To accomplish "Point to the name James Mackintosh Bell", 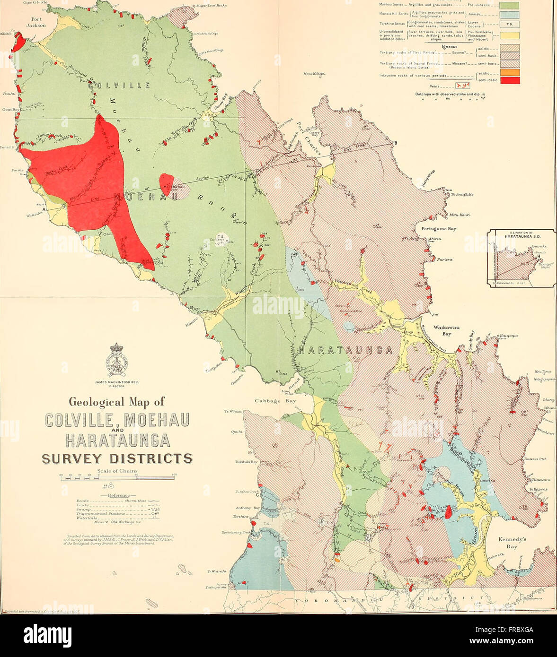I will pyautogui.click(x=116, y=382).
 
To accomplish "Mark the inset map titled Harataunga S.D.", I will pyautogui.click(x=522, y=258).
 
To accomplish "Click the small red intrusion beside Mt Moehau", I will pyautogui.click(x=166, y=184).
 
